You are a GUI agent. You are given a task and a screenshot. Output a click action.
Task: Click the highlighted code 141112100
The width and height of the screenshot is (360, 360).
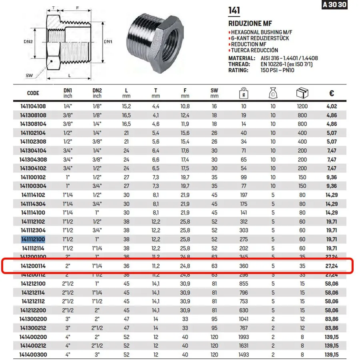(33, 239)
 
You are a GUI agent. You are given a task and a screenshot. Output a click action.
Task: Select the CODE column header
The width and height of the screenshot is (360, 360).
(33, 93)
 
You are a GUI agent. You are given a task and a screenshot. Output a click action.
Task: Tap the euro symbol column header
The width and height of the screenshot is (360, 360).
(332, 93)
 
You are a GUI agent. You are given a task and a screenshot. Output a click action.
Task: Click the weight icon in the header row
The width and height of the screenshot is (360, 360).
(244, 93)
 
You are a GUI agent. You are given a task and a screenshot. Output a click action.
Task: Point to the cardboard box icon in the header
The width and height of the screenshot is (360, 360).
(302, 93)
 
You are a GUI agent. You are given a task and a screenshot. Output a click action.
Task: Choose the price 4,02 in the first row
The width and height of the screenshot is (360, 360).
(332, 106)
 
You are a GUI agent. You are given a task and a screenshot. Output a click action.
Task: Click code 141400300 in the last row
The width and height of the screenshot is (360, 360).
(33, 354)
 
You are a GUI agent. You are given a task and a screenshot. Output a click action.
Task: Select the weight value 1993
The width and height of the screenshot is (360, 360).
(244, 337)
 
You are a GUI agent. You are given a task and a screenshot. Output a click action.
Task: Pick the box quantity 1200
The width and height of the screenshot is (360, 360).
(302, 106)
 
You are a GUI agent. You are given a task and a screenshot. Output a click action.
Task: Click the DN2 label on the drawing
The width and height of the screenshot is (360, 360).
(28, 41)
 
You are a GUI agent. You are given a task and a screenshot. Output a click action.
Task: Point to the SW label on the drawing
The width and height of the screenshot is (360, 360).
(29, 75)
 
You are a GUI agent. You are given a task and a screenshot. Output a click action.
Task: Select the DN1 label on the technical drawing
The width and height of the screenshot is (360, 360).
(108, 41)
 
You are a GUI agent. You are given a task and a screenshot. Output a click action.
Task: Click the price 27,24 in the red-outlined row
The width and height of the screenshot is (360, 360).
(332, 266)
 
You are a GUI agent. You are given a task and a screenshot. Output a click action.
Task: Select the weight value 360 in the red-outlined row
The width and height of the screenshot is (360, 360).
(244, 266)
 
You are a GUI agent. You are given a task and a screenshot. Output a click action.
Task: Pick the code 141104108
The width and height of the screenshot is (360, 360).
(33, 106)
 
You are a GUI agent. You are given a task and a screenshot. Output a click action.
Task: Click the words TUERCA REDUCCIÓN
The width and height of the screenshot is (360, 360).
(255, 50)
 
